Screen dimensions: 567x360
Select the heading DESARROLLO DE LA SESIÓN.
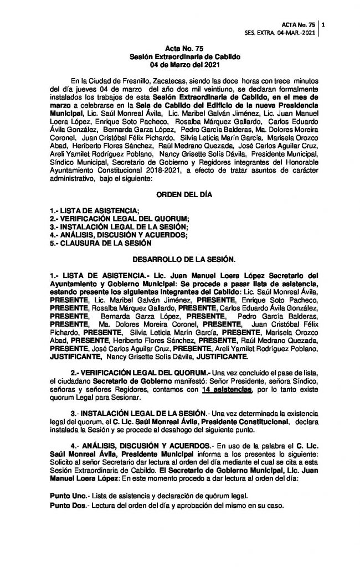(181, 259)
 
